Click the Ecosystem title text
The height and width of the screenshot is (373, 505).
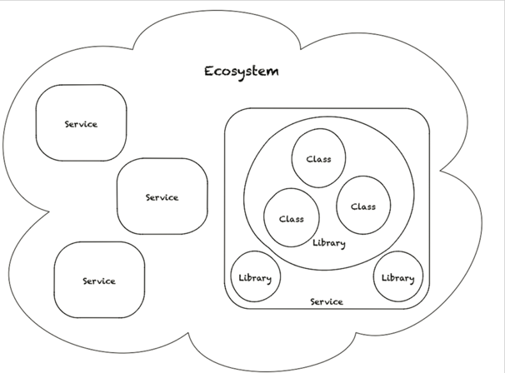click(242, 71)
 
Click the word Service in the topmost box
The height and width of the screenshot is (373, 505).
click(81, 124)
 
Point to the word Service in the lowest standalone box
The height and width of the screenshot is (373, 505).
click(98, 281)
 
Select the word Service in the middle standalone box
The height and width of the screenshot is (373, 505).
click(162, 197)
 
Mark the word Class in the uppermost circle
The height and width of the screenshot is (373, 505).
click(318, 158)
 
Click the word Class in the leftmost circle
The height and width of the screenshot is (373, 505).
click(292, 219)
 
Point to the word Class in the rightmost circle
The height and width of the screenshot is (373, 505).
click(362, 206)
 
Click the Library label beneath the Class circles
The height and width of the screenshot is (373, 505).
click(328, 243)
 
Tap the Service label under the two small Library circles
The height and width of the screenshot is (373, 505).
click(326, 301)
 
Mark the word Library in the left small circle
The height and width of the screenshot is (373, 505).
click(254, 277)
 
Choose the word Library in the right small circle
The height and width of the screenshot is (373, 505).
click(398, 277)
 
